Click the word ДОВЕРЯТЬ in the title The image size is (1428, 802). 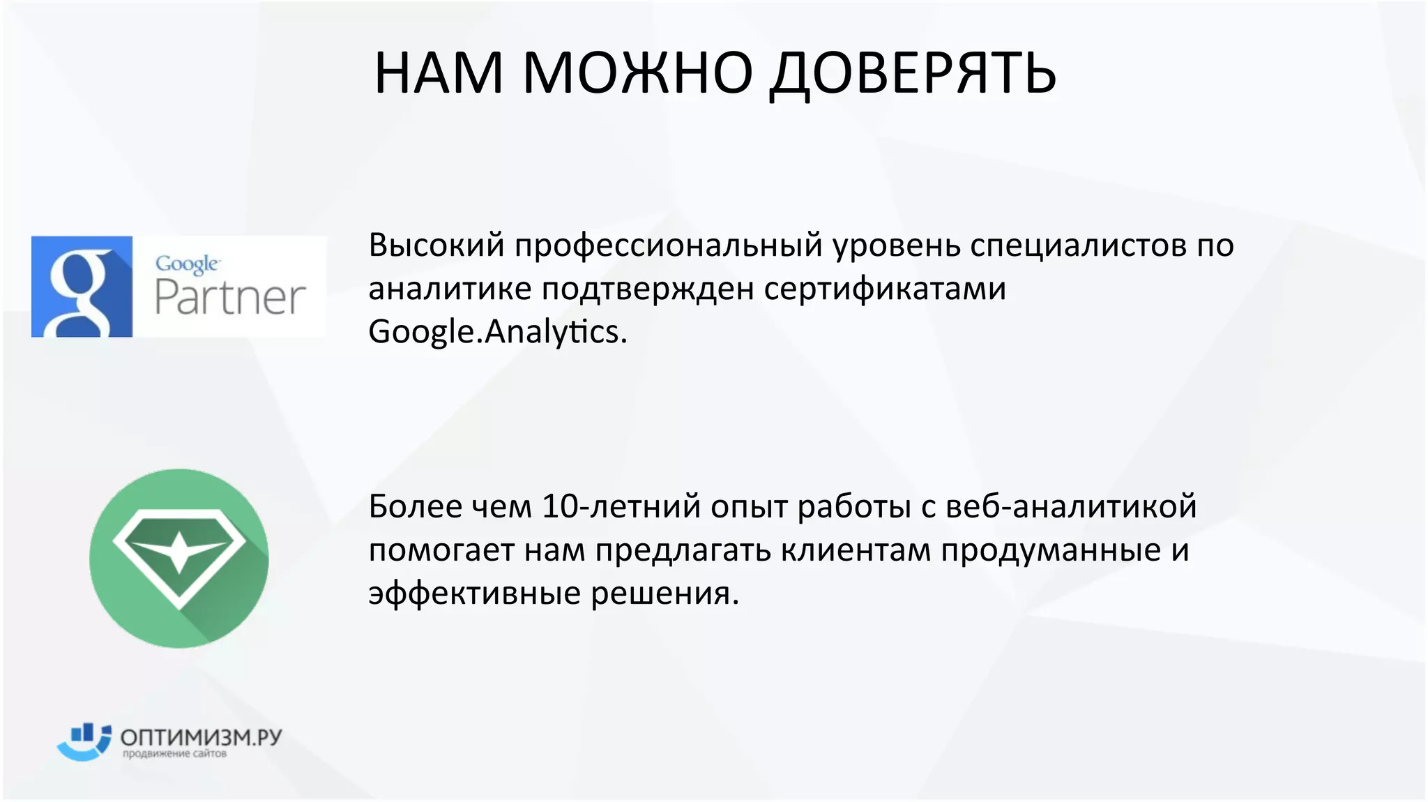913,73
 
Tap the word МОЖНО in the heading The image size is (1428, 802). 637,73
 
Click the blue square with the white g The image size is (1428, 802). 82,287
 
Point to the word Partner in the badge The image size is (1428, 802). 229,298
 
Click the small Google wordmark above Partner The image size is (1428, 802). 187,264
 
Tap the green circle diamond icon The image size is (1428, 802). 179,558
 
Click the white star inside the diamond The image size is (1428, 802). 179,551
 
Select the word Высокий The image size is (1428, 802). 436,245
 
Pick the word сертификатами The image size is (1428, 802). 885,288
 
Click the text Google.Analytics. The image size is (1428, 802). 497,331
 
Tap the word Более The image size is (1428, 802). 416,506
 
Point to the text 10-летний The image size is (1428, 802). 621,506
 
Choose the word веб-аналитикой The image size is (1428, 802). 1071,506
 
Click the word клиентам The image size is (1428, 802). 855,550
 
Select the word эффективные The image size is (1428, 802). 475,593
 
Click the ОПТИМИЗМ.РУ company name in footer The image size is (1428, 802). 201,737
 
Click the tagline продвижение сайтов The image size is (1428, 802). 174,754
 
